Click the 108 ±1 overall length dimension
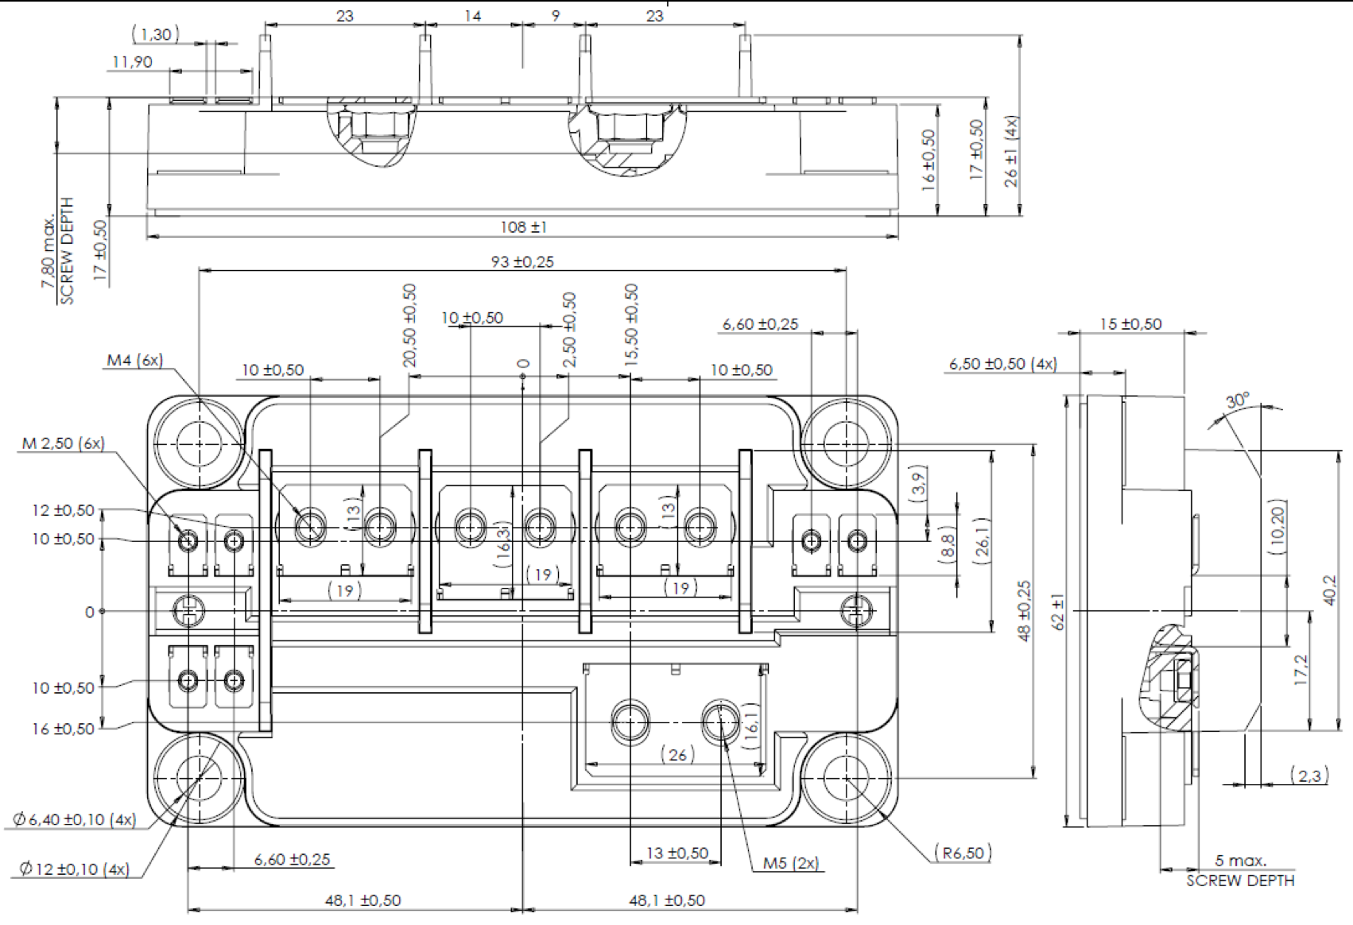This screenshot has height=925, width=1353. [523, 227]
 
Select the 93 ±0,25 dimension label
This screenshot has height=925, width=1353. [521, 261]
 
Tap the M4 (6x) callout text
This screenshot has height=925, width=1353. [134, 360]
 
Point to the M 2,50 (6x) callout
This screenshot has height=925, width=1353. [63, 443]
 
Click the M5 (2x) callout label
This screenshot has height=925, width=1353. [790, 863]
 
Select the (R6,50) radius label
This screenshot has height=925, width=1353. [963, 853]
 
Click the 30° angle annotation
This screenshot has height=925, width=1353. [1237, 401]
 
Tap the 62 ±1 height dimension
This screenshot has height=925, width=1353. [1058, 612]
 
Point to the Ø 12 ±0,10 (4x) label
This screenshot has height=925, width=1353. [74, 869]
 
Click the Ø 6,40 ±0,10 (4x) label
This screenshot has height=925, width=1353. [74, 819]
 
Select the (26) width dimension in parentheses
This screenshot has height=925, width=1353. [677, 754]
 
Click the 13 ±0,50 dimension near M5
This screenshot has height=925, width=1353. [676, 853]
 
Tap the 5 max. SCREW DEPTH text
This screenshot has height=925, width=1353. [1240, 870]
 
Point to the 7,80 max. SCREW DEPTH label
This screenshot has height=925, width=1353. [58, 250]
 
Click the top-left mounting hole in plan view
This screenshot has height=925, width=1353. [197, 443]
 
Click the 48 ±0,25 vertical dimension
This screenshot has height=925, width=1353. [1024, 610]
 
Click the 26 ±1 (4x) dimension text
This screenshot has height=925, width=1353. [1011, 151]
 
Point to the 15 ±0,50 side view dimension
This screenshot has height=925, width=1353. [1130, 323]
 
